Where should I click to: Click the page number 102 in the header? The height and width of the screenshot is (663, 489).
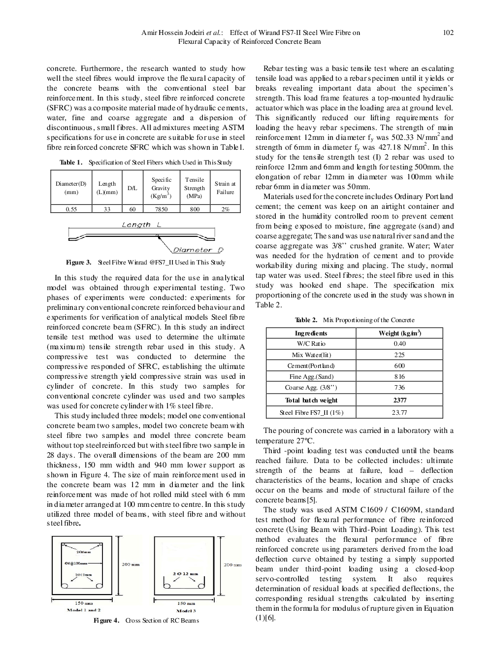(448, 33)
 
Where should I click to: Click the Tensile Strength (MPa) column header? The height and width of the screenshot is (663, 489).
(195, 188)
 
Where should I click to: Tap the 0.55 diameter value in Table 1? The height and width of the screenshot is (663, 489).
(71, 209)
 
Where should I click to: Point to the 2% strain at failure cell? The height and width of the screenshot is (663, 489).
(225, 209)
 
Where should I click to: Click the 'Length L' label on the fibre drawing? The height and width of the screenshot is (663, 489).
(141, 225)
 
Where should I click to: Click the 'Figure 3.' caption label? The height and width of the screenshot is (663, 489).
(78, 263)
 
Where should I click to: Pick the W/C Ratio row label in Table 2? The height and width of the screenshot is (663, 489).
(311, 344)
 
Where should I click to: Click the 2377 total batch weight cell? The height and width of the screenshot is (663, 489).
(399, 400)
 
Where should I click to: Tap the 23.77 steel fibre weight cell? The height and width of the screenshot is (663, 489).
(399, 413)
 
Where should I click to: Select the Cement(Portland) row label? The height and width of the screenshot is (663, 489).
(311, 365)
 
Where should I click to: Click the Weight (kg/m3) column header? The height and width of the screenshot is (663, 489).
(399, 333)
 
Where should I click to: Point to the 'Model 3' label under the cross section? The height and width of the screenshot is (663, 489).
(186, 611)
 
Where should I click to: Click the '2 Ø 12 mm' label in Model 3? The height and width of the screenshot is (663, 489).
(185, 574)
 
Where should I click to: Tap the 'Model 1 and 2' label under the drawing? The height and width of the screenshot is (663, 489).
(84, 610)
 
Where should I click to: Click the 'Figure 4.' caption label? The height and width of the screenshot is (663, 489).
(107, 621)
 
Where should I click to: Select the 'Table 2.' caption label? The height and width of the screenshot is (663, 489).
(306, 320)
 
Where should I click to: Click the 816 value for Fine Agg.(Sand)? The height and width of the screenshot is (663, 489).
(399, 376)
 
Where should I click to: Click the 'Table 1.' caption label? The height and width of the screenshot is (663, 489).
(71, 163)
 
